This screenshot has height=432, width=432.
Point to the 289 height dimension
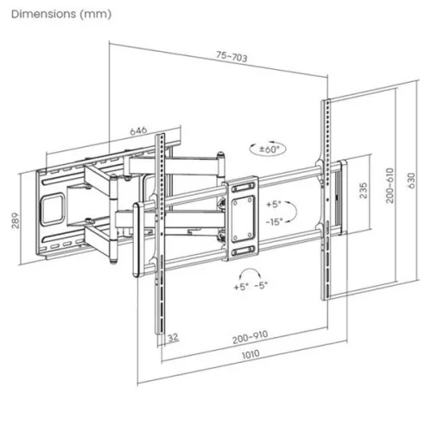point(13,222)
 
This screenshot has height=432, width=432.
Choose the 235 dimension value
point(365,189)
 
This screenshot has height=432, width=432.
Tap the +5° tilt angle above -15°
point(274,206)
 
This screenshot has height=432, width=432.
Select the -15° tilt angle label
point(276,221)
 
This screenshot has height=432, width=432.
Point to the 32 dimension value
point(174,337)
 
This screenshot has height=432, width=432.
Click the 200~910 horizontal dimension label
point(249,337)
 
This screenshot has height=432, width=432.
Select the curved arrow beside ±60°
point(253,148)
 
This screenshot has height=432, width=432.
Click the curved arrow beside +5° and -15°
point(295,213)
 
